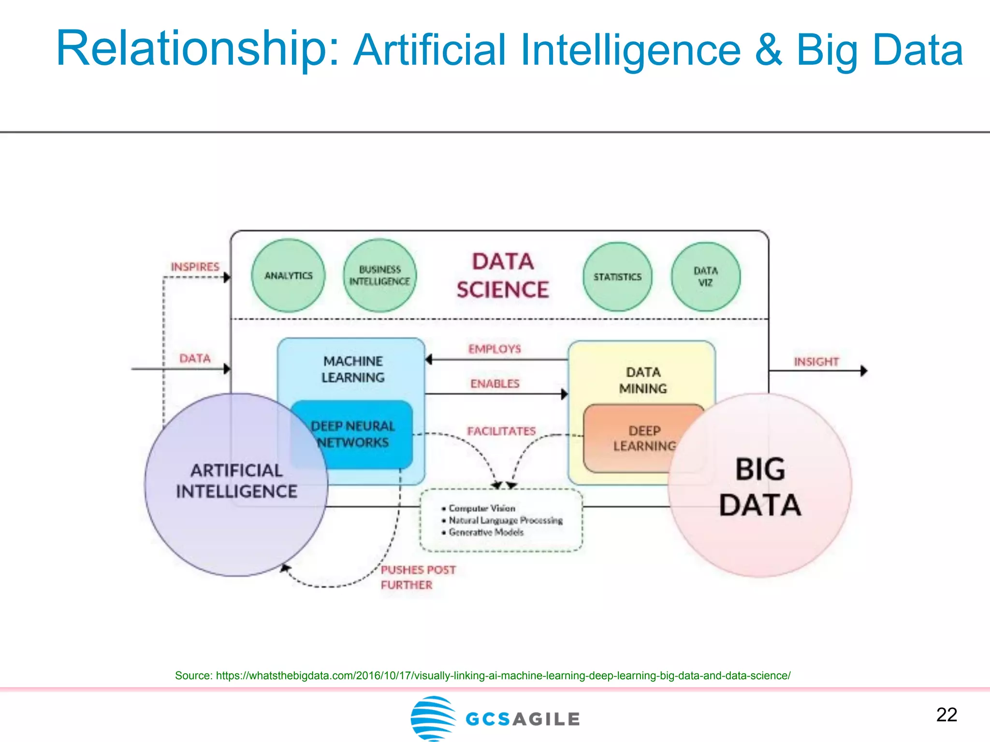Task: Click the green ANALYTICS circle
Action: tap(288, 275)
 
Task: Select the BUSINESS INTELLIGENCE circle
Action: tap(379, 275)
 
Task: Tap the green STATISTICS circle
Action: tap(617, 277)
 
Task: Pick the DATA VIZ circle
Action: tap(705, 277)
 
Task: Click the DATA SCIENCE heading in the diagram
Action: tap(503, 276)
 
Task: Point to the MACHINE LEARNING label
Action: tap(353, 369)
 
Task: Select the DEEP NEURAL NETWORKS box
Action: tap(353, 434)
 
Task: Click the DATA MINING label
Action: tap(643, 380)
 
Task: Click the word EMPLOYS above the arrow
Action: tap(495, 349)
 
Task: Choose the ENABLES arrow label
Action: tap(495, 384)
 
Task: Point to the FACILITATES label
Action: tap(501, 431)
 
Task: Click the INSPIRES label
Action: tap(195, 267)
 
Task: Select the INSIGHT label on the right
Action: tap(816, 361)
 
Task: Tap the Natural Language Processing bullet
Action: tap(506, 520)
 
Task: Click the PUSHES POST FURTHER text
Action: tap(418, 577)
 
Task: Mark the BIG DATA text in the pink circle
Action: tap(760, 487)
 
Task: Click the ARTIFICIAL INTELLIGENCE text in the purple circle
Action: tap(236, 481)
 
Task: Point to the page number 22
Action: tap(946, 714)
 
